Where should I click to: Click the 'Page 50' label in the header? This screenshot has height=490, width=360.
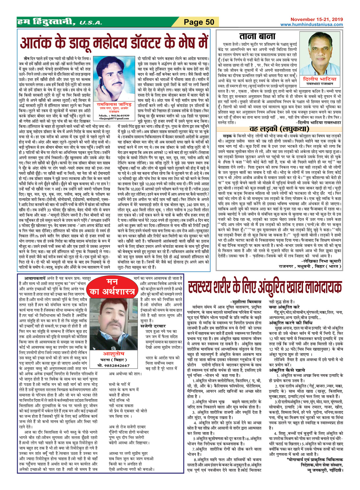pyautogui.click(x=199, y=22)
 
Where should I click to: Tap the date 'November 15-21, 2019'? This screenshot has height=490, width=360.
pyautogui.click(x=316, y=19)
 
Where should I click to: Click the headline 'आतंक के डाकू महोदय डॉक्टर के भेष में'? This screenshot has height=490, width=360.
pyautogui.click(x=114, y=42)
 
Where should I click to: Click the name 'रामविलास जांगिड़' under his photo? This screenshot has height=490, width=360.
pyautogui.click(x=114, y=104)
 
